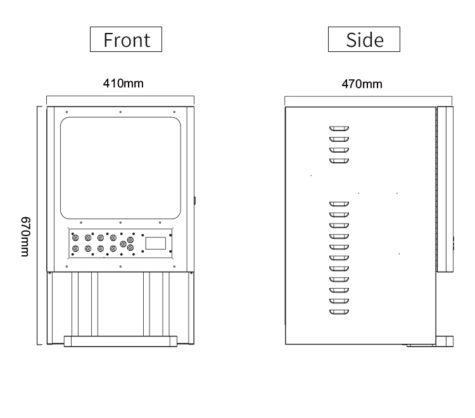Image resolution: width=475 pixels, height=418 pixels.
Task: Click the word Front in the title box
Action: (127, 40)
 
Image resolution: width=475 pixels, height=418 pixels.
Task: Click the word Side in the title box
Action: (365, 40)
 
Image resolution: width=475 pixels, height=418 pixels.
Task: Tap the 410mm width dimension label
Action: (123, 84)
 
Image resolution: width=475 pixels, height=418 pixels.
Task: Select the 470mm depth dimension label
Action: (362, 84)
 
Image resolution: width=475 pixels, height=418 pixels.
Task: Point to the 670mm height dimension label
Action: (25, 237)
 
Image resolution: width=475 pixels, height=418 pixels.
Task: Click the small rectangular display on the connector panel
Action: (156, 243)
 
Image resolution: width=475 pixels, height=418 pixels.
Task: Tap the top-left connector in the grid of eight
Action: (75, 237)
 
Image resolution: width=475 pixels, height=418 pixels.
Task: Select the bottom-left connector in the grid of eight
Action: (75, 249)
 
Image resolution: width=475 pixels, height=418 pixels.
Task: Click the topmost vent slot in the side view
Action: (339, 129)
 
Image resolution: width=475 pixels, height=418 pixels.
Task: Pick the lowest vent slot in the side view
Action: (339, 312)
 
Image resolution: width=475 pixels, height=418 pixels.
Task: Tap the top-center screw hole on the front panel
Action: (120, 112)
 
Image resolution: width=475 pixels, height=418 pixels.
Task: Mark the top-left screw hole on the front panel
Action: (66, 112)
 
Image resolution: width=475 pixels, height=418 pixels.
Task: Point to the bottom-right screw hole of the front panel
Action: (174, 267)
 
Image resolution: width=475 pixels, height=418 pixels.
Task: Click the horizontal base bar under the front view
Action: (120, 341)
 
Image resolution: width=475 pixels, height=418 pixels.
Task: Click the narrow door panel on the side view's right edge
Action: (445, 189)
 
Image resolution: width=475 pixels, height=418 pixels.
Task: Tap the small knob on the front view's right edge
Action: (195, 200)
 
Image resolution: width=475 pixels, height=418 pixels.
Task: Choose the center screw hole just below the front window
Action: (120, 223)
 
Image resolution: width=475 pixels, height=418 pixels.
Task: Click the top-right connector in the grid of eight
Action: (113, 237)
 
